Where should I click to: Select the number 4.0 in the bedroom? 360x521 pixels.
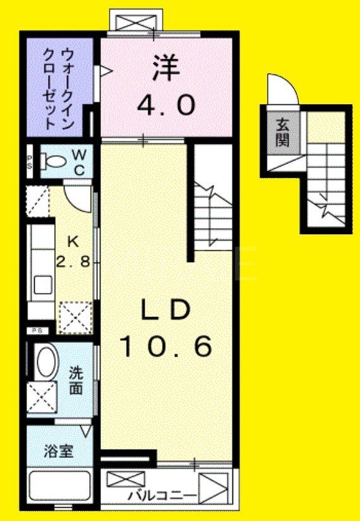click(165, 105)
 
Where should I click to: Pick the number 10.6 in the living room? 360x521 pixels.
click(165, 345)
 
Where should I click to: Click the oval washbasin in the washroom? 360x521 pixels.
click(45, 362)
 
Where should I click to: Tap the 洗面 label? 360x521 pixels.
click(76, 381)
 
